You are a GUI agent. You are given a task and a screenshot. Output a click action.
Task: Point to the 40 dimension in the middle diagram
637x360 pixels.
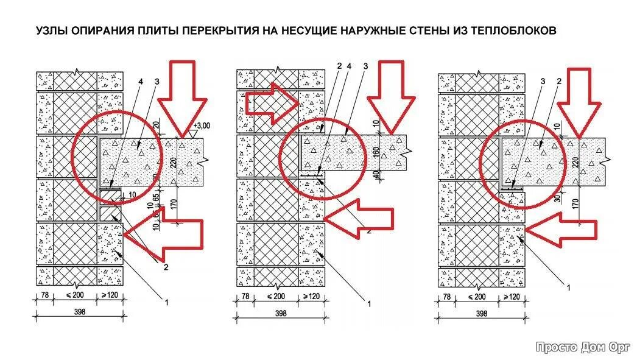[378, 174]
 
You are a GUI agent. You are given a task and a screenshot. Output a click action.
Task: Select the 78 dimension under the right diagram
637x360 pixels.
[446, 297]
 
